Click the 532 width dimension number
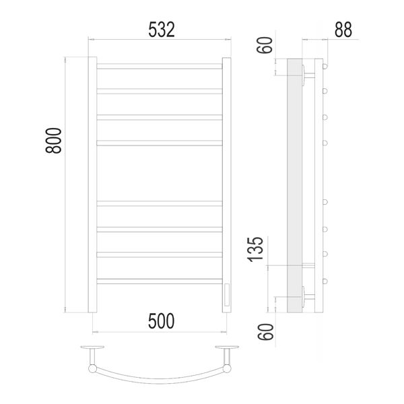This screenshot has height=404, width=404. [x=162, y=30]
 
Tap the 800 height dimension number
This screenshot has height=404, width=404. [x=54, y=141]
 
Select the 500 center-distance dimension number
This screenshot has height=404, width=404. [x=162, y=321]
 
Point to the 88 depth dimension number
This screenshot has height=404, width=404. [x=343, y=30]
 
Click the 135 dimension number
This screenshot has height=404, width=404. [x=255, y=249]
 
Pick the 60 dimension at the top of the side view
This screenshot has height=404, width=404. [x=265, y=45]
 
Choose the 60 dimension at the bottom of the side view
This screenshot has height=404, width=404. [x=265, y=332]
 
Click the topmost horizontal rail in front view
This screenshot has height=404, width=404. [x=160, y=66]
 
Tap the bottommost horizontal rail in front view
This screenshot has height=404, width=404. [x=160, y=281]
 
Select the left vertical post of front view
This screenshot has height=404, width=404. [x=92, y=184]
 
